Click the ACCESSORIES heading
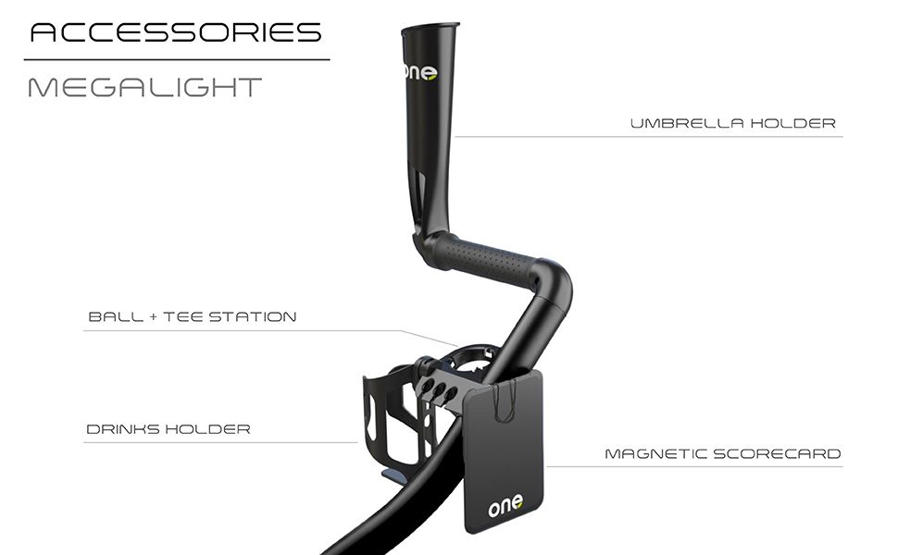pos(176,33)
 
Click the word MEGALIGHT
pos(145,88)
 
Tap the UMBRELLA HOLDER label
pos(732,123)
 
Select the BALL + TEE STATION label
pos(193,317)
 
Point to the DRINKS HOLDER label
pos(168,429)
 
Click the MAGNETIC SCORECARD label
pos(722,454)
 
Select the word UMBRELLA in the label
pos(680,123)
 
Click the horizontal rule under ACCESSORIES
pos(176,60)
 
